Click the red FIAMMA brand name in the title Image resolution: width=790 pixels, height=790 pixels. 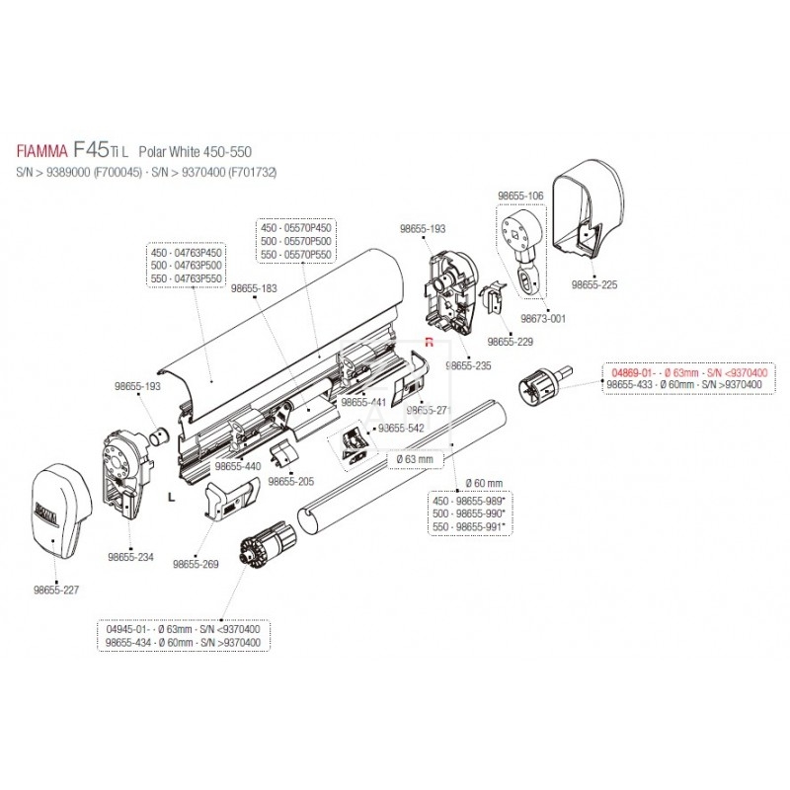click(x=41, y=153)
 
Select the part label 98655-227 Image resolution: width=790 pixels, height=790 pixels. click(x=56, y=590)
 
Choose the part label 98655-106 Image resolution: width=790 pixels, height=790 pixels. click(x=519, y=197)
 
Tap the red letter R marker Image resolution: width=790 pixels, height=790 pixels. click(x=430, y=342)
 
